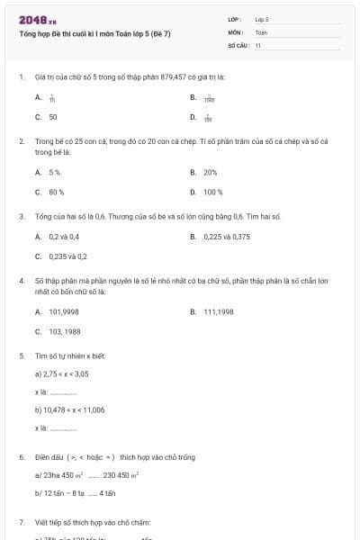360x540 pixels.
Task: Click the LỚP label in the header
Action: [x=235, y=19]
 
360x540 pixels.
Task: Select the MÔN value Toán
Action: [x=261, y=31]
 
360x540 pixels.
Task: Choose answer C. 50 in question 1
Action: [x=47, y=117]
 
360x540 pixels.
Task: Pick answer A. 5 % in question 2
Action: [x=48, y=171]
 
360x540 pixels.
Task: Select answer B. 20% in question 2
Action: [x=204, y=171]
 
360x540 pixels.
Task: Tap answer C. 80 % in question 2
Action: [x=49, y=192]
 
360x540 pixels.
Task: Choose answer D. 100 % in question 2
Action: [x=207, y=192]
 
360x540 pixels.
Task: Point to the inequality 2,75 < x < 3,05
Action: [x=66, y=373]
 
